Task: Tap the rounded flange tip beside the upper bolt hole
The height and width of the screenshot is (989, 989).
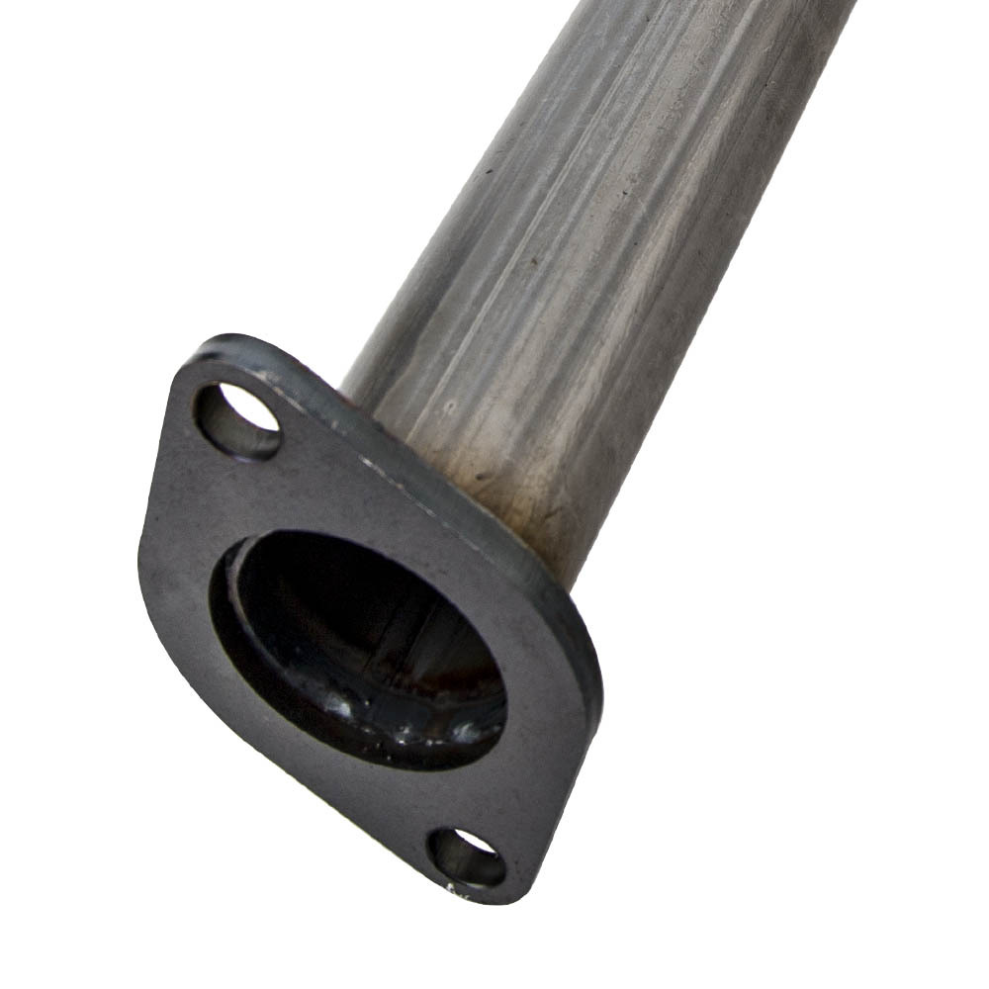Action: [213, 356]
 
